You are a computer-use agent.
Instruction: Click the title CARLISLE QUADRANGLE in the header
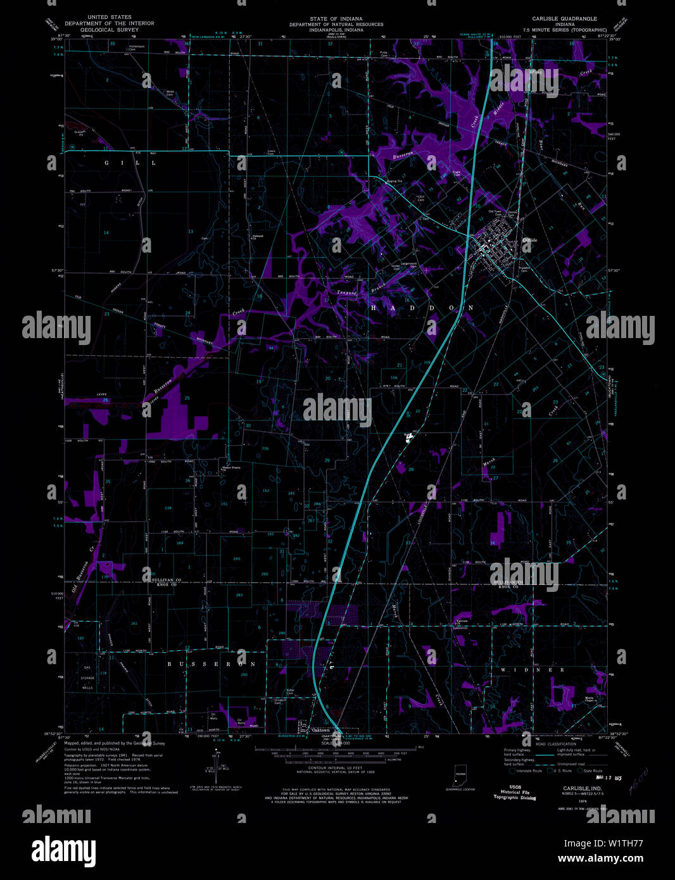(565, 19)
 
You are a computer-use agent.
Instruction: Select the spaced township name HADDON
(422, 308)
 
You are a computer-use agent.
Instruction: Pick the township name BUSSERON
(211, 664)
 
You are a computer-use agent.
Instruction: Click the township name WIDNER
(532, 669)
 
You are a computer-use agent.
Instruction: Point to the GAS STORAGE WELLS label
(88, 678)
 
